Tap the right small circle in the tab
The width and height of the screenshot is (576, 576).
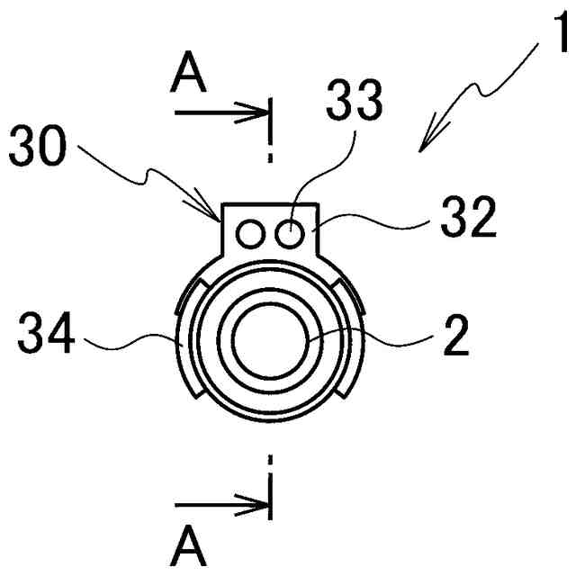(x=289, y=234)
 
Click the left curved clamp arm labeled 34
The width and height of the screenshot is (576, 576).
(x=184, y=342)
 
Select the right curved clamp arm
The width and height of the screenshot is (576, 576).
(x=356, y=342)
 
